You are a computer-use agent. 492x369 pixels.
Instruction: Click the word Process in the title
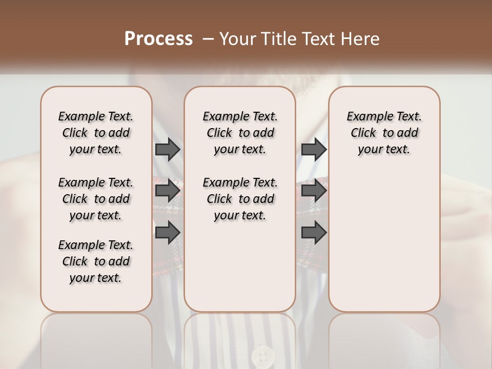pos(158,39)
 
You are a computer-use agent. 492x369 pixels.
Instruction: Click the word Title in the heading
pos(273,39)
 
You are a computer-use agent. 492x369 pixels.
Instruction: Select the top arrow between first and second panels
pos(167,149)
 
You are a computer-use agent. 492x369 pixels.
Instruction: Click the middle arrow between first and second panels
pos(167,191)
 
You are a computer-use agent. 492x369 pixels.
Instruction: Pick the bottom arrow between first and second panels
pos(167,232)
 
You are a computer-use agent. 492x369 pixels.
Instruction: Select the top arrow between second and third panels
pos(314,149)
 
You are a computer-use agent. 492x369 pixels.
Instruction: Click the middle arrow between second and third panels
pos(314,191)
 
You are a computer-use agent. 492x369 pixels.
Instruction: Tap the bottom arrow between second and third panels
pos(314,232)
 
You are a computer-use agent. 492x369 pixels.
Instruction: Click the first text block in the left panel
pos(96,133)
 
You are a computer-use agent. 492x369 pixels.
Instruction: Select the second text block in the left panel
pos(96,199)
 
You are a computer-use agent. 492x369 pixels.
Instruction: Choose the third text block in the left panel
pos(96,261)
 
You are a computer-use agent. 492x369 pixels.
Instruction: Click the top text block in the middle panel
pos(240,133)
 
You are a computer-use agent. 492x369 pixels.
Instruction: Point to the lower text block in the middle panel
pos(240,199)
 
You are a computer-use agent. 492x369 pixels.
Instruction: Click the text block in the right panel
pos(384,133)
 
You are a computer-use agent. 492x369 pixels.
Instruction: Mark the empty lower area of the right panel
pos(384,236)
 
